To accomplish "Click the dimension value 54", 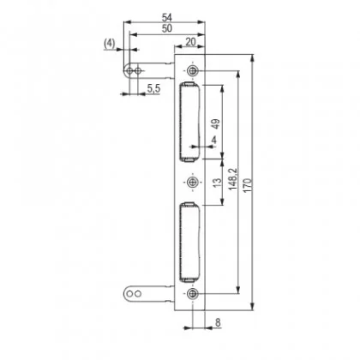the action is click(167, 17).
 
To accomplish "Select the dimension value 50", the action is click(167, 28).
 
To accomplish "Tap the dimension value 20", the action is click(190, 42).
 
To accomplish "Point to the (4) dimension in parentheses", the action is click(110, 44).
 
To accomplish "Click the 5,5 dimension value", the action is click(153, 89).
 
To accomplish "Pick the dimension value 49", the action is click(216, 123).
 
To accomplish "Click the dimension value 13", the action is click(218, 183).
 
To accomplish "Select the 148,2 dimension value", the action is click(233, 179).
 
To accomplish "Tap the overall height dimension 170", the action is click(248, 185).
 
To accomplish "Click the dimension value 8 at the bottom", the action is click(218, 322).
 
